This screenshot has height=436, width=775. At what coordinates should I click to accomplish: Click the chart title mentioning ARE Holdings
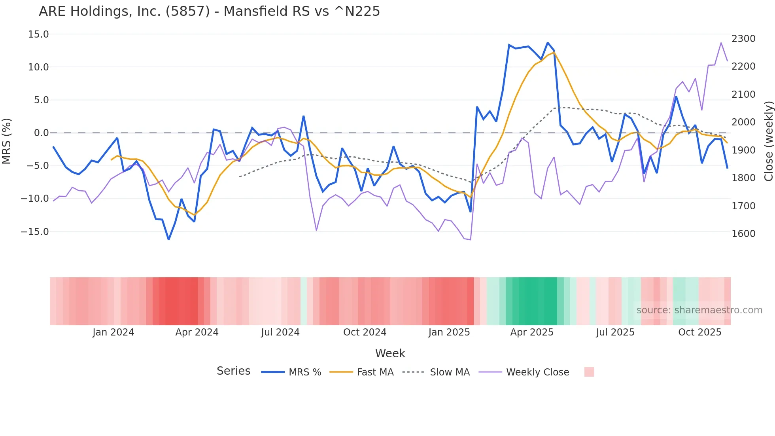click(x=209, y=11)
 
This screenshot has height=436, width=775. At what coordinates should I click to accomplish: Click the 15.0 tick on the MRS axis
click(x=38, y=34)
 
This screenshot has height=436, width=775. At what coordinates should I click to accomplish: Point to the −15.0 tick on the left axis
click(x=35, y=231)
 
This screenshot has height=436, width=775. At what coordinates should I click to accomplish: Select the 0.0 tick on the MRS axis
click(x=41, y=133)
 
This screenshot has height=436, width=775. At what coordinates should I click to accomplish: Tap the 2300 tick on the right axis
click(x=743, y=39)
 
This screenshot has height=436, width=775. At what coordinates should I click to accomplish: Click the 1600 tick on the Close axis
click(x=743, y=234)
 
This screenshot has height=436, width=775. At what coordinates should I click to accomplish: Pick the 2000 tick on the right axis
click(x=743, y=122)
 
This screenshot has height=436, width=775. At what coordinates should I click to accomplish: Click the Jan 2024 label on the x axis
click(x=113, y=332)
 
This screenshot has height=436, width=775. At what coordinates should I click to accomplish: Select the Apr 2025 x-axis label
click(x=532, y=332)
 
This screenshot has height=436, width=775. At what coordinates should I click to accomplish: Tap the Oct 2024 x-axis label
click(x=365, y=332)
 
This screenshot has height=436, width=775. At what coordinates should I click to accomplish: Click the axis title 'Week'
click(x=390, y=353)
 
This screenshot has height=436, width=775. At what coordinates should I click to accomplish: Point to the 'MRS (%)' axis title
click(x=7, y=141)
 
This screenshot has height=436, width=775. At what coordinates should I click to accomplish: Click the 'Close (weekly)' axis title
click(x=768, y=141)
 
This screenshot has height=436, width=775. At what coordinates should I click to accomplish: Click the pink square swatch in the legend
click(x=589, y=372)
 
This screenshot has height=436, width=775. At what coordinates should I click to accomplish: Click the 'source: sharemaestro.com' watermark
click(x=699, y=310)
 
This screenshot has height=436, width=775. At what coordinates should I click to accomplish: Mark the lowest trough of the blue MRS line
click(x=168, y=239)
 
